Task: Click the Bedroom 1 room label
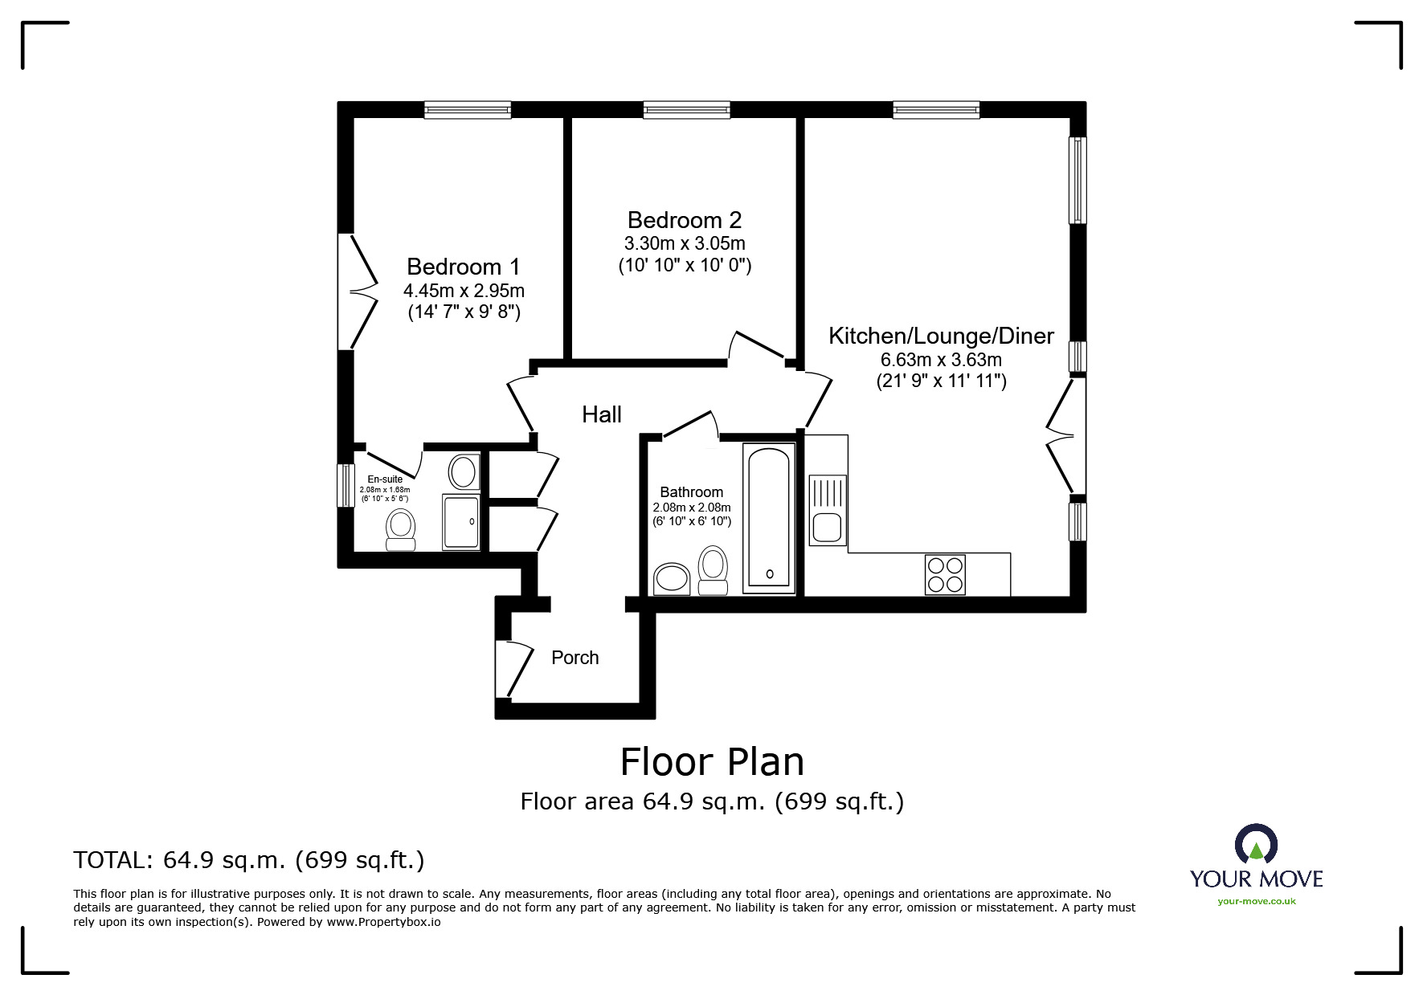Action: click(x=463, y=267)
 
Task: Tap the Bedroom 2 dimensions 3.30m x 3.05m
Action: click(x=685, y=243)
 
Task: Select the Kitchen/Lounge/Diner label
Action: click(x=941, y=336)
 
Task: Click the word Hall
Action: click(x=602, y=414)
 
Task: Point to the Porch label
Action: click(x=575, y=658)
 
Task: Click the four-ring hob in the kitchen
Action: click(x=945, y=574)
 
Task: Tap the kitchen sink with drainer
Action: click(x=828, y=511)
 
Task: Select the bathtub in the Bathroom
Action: click(x=769, y=517)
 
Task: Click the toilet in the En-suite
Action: click(x=401, y=530)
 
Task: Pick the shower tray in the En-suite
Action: click(x=460, y=522)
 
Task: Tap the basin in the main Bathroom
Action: click(x=673, y=578)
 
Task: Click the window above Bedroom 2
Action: click(x=686, y=110)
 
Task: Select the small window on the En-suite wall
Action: click(x=345, y=486)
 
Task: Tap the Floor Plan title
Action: click(x=712, y=761)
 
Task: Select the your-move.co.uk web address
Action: click(x=1257, y=901)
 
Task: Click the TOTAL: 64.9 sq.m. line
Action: click(x=249, y=860)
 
